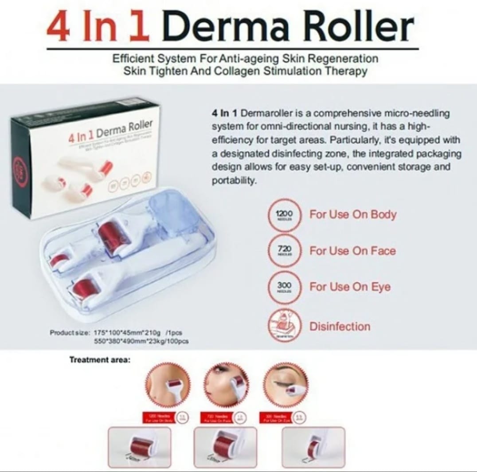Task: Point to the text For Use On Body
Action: tap(353, 215)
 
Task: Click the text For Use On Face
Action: tap(352, 251)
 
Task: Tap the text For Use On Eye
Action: tap(350, 287)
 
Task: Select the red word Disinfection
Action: tap(340, 327)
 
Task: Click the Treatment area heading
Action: tap(100, 360)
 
